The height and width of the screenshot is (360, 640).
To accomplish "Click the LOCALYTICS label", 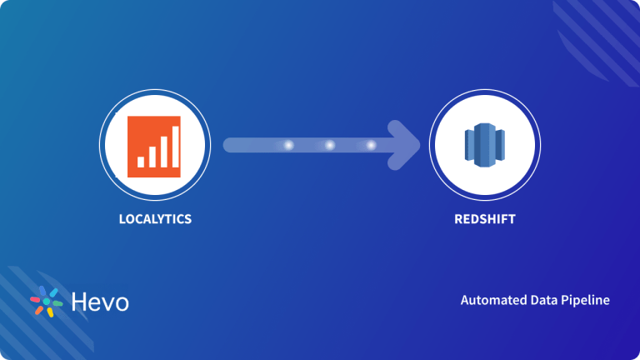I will click(x=156, y=219).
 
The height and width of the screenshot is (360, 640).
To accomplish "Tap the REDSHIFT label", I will click(x=484, y=219).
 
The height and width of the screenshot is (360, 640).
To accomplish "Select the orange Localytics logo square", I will click(x=154, y=146).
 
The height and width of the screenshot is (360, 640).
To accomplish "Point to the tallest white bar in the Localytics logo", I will click(x=174, y=145).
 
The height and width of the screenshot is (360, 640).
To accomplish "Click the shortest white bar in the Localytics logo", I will click(x=141, y=161).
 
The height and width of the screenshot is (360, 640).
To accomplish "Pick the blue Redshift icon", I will click(x=484, y=146).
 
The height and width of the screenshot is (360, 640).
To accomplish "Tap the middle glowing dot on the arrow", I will click(x=329, y=145).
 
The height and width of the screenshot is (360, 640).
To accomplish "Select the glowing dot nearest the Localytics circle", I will click(x=289, y=145).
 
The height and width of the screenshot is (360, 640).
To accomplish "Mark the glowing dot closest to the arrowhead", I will click(x=371, y=145).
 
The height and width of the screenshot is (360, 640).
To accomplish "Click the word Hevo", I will click(x=99, y=302).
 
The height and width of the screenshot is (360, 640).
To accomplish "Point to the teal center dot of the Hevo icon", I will click(x=47, y=302).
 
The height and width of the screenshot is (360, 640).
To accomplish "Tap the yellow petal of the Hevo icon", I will click(x=50, y=312).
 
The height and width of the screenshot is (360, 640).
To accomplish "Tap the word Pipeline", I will click(x=587, y=300).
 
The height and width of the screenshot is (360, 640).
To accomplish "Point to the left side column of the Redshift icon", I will click(x=470, y=147).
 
